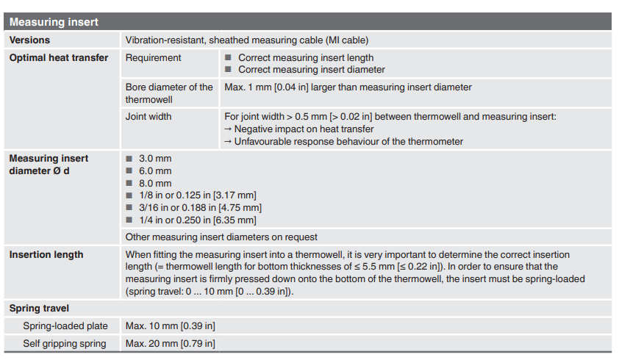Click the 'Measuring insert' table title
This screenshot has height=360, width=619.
pos(54,22)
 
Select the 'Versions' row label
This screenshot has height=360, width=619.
pos(29,40)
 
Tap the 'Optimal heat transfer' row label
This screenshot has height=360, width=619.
pos(58,57)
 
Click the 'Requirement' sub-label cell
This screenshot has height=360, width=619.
pos(154,57)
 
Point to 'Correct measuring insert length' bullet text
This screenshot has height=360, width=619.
pos(305,57)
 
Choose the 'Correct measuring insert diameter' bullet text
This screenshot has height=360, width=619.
pos(311,70)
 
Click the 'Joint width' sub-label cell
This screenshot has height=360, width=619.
pos(151,116)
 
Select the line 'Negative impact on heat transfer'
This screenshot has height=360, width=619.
pos(304,129)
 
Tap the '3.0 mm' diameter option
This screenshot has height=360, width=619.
pos(155,158)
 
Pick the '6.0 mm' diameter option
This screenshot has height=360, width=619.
pos(155,170)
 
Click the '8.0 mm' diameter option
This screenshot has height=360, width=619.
pos(155,183)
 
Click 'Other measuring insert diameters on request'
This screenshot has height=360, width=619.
pos(221,237)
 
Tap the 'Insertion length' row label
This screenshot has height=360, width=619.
pos(46,254)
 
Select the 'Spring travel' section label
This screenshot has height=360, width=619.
pos(39,309)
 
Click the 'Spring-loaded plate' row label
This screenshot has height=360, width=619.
pos(65,325)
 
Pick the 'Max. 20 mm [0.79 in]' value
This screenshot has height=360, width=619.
pos(170,343)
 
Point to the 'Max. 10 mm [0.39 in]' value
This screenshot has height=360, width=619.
pos(170,325)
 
